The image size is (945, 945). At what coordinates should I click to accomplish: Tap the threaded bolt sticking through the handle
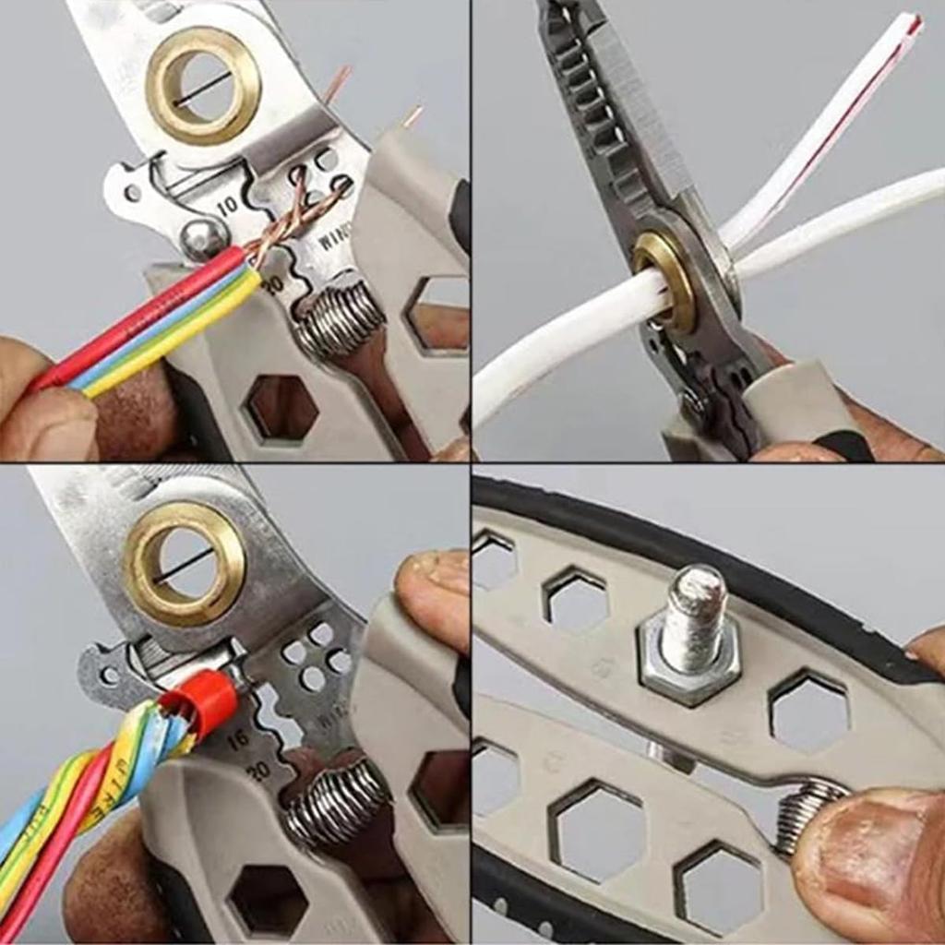tap(695, 614)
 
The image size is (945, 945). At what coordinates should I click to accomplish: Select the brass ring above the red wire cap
tap(185, 563)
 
